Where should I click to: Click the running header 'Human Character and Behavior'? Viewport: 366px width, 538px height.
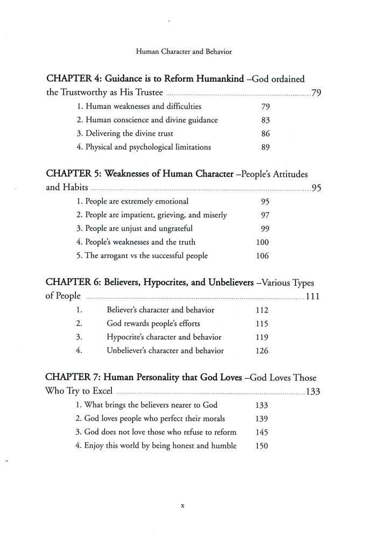click(183, 54)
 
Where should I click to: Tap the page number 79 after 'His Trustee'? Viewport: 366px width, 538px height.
click(316, 93)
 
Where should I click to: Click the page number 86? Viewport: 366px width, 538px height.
click(265, 133)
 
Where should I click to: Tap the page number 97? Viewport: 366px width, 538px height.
click(265, 215)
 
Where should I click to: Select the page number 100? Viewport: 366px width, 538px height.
click(263, 242)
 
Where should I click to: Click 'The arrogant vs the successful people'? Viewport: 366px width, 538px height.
click(142, 256)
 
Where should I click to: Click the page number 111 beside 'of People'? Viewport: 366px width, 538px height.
click(313, 296)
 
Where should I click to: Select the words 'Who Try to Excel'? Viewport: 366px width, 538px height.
click(79, 392)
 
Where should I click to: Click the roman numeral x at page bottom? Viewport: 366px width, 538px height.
click(183, 506)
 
